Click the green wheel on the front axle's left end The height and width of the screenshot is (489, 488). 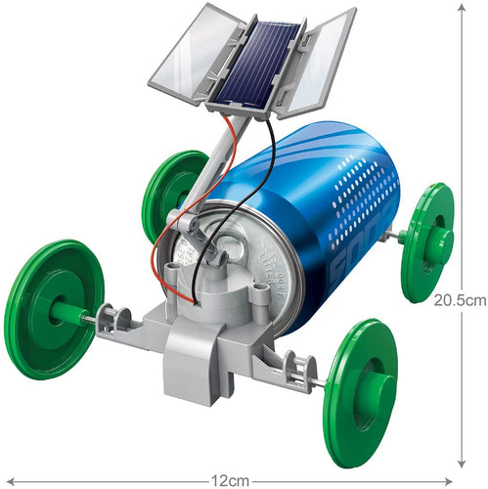click(54, 308)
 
